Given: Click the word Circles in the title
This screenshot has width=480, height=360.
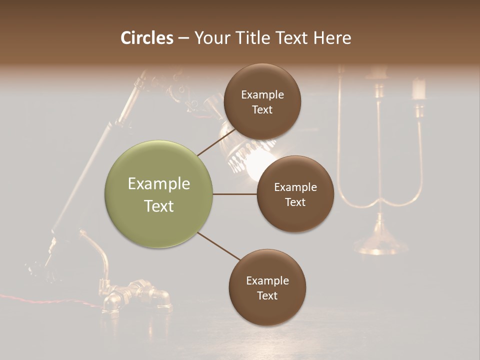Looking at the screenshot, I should [x=147, y=38].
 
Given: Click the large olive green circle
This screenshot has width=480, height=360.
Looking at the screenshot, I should [x=158, y=194].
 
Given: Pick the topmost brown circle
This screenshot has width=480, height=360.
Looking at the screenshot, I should [x=261, y=101].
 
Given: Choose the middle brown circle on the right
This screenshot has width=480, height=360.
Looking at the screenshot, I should [x=295, y=194].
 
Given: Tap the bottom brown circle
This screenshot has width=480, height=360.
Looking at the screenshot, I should [x=267, y=287].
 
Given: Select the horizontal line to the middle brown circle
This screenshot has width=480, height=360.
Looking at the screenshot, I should [x=234, y=194].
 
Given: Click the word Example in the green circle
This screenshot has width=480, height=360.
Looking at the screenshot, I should [x=158, y=184].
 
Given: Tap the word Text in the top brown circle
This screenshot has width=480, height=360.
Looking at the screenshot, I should [x=261, y=109].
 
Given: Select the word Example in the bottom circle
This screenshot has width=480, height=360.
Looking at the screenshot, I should [x=267, y=280].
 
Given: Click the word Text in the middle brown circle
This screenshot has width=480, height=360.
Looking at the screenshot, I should [x=295, y=202].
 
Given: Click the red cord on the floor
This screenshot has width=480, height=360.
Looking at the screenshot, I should [x=50, y=299].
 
